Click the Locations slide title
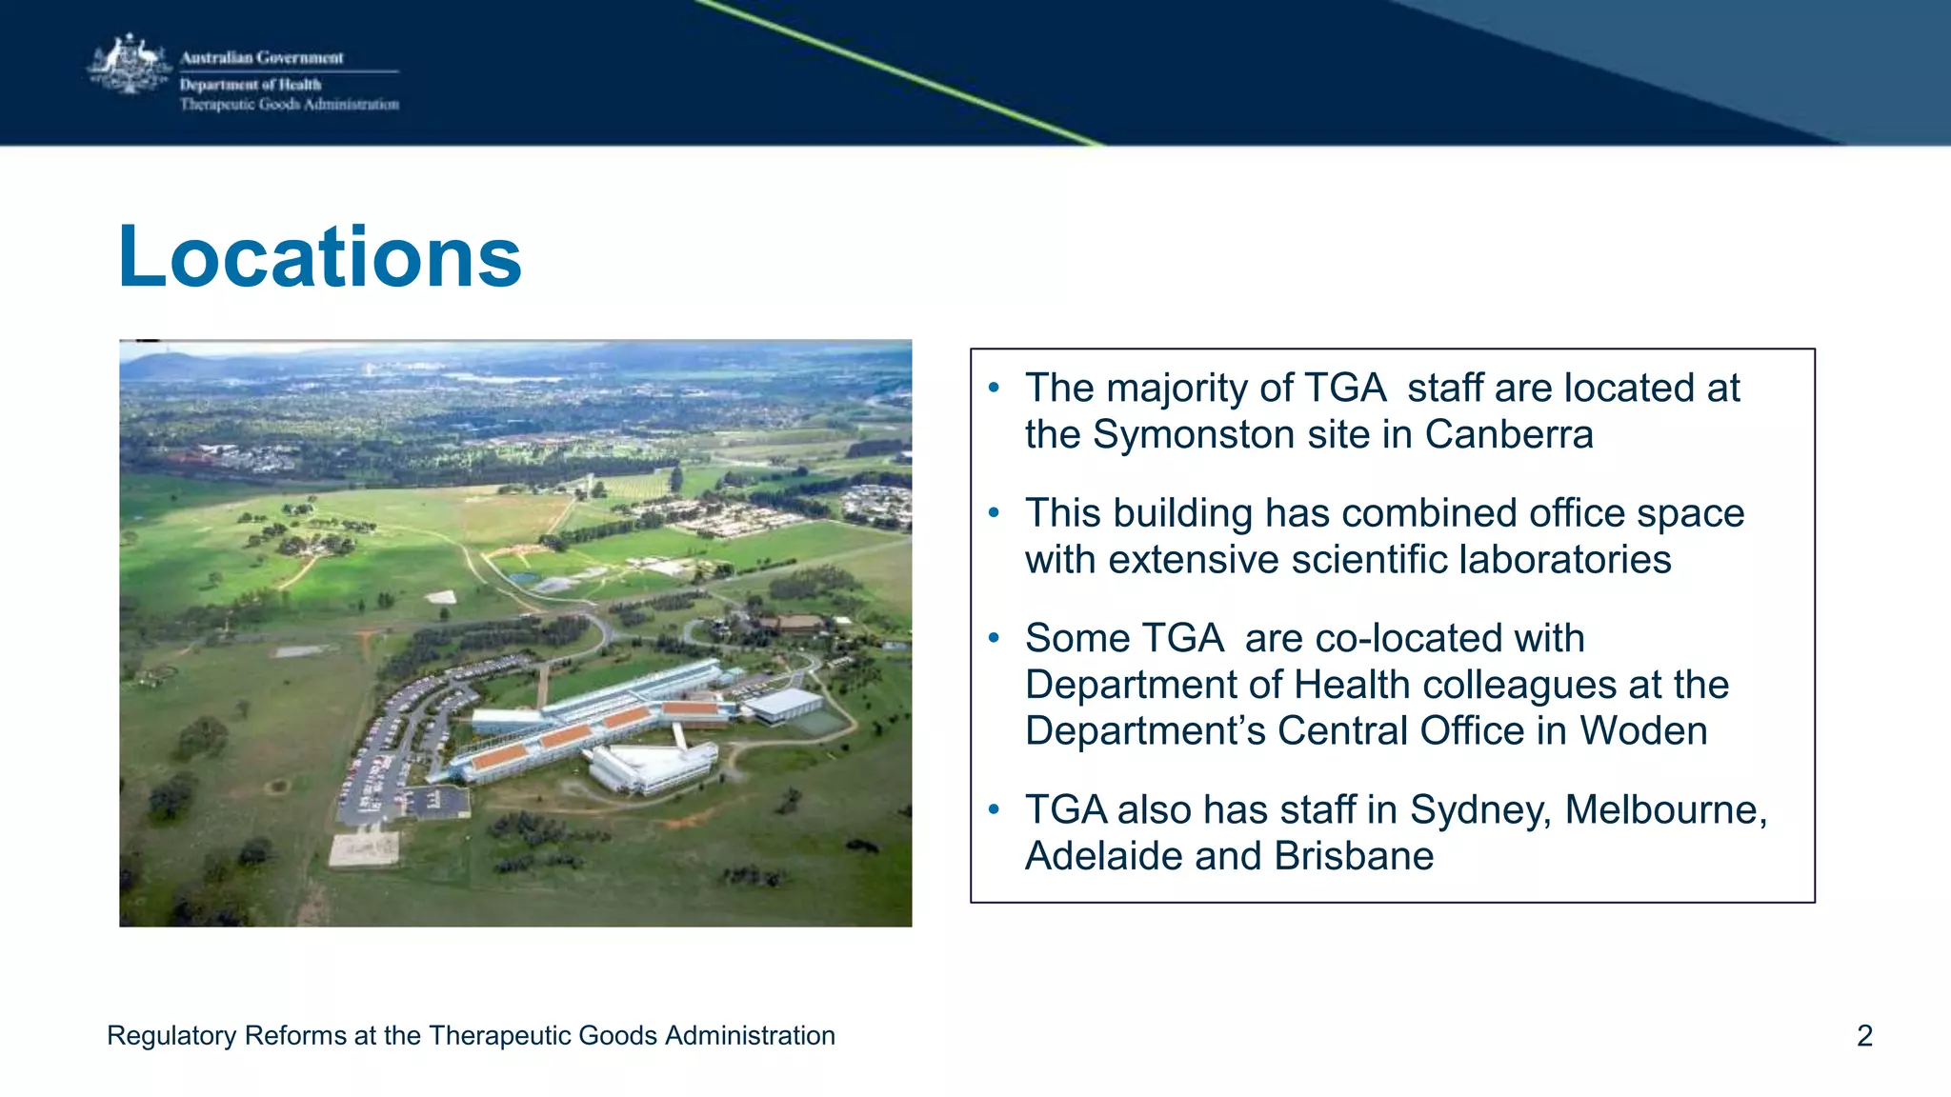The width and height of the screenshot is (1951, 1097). pos(320,257)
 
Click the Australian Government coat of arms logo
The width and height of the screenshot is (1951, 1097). pos(130,65)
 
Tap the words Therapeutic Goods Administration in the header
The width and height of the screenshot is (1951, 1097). pos(290,105)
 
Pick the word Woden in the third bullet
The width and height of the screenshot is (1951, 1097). pos(1643,731)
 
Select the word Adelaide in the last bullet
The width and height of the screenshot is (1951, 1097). pos(1103,856)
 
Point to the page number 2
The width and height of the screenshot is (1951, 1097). pos(1864,1036)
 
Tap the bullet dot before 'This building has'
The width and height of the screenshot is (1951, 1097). pos(994,513)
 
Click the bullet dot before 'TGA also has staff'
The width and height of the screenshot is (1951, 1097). pos(994,809)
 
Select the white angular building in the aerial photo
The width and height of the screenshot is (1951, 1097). pos(653,768)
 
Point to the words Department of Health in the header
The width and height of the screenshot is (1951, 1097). pos(251,85)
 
